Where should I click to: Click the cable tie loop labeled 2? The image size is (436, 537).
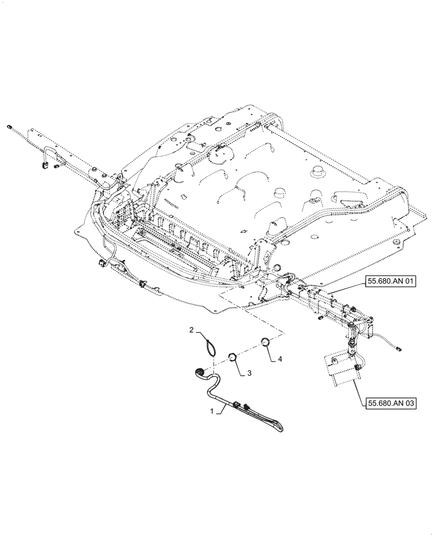point(211,345)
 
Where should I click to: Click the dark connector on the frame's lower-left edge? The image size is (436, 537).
point(101,264)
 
